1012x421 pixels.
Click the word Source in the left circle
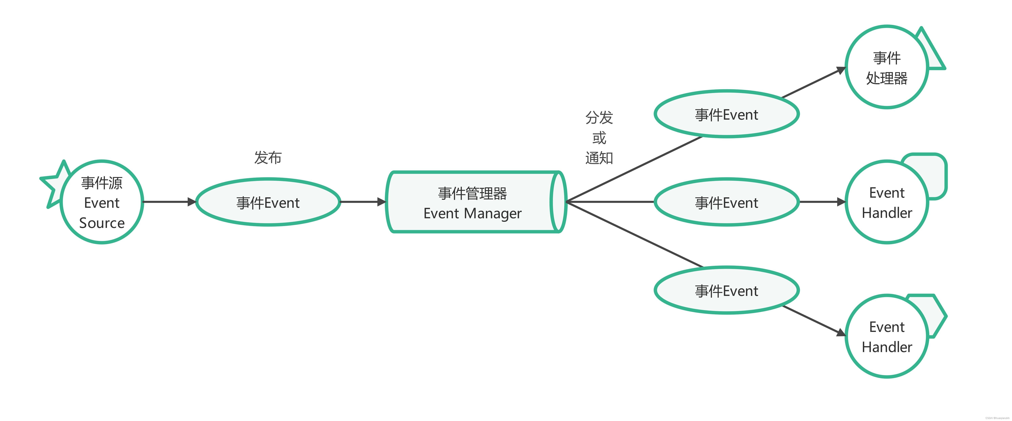pyautogui.click(x=102, y=223)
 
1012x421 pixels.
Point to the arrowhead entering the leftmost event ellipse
pyautogui.click(x=192, y=202)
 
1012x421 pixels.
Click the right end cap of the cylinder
pyautogui.click(x=558, y=202)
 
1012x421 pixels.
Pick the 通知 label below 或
pyautogui.click(x=599, y=158)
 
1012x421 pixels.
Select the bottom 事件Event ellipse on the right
pyautogui.click(x=726, y=291)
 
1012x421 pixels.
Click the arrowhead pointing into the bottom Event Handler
pyautogui.click(x=841, y=333)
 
